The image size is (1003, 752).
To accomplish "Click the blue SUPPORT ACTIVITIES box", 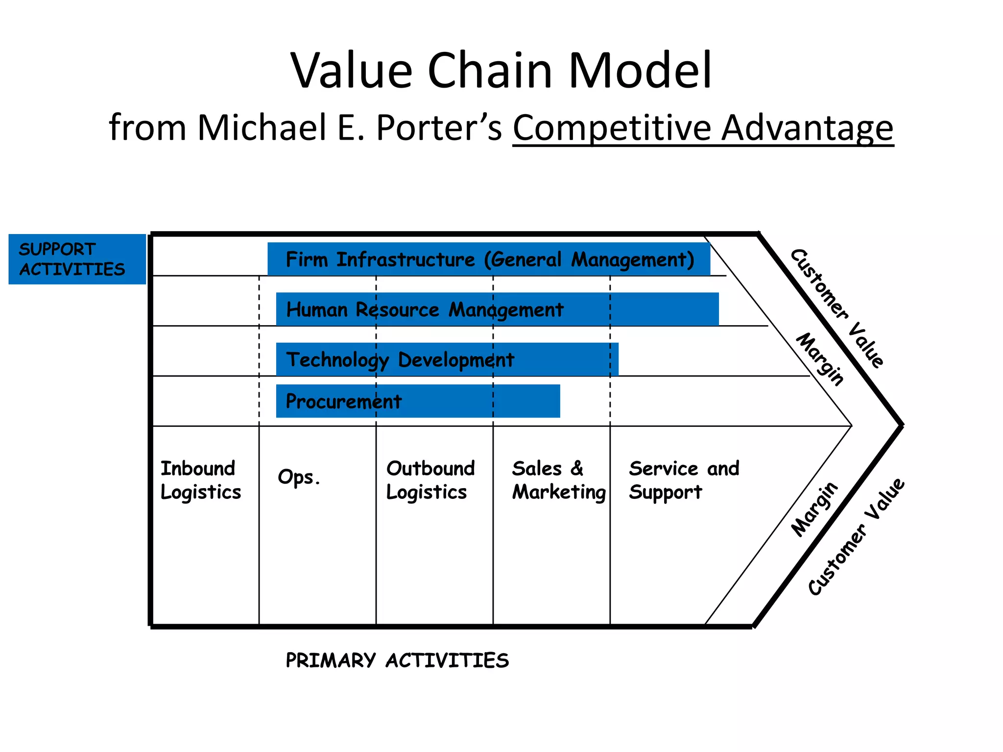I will pos(77,259).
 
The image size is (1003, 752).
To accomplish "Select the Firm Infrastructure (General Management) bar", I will pos(489,259).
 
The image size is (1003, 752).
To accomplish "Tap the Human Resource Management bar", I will pos(497,309).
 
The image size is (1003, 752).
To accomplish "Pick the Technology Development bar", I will pos(447,359).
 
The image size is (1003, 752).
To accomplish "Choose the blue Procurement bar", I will pos(418,401).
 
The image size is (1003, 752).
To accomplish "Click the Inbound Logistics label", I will pos(201,480).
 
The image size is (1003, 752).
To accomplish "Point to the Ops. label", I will pos(299,477).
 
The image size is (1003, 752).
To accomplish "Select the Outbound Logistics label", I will pos(430,480).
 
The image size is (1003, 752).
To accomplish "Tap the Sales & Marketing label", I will pos(558,480).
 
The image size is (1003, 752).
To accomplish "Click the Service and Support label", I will pos(684,480).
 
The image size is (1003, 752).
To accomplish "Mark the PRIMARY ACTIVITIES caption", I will pos(397,660).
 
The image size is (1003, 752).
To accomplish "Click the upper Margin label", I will pos(820,359).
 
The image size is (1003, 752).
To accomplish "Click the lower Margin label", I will pos(814,509).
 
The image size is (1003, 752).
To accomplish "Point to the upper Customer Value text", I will pos(837,308).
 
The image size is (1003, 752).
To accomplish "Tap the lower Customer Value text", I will pos(856,537).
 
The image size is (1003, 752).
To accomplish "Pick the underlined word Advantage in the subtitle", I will pos(808,128).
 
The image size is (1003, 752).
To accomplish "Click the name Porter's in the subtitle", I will pos(438,128).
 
